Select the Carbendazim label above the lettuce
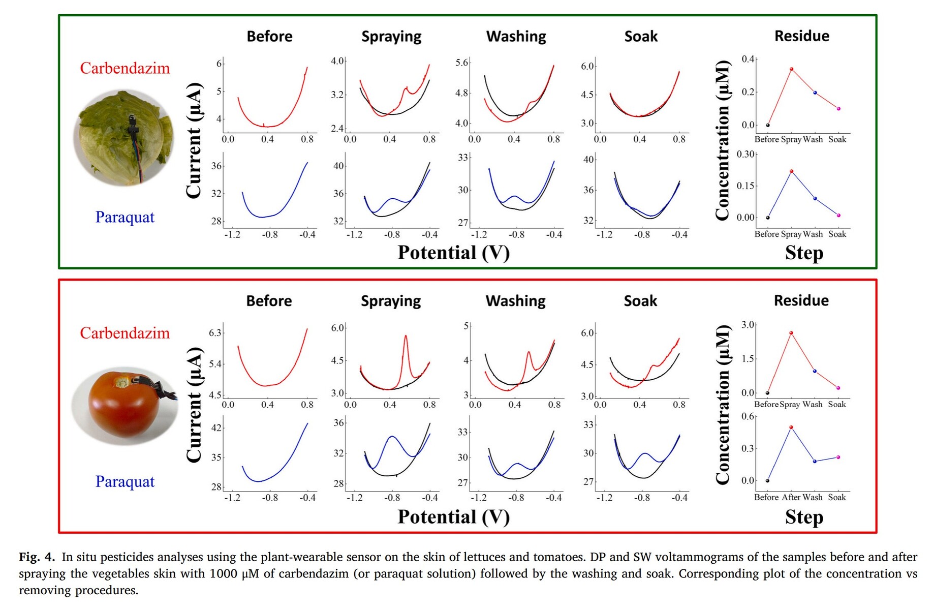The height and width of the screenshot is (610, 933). (x=125, y=68)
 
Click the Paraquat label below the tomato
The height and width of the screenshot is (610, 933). (x=125, y=481)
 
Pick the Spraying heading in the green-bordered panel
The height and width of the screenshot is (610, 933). (x=391, y=37)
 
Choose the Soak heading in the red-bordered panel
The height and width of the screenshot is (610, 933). (x=640, y=301)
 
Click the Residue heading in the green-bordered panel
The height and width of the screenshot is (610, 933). (x=801, y=36)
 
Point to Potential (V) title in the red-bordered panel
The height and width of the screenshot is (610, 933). (x=453, y=517)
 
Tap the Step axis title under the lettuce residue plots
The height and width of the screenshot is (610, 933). (x=803, y=253)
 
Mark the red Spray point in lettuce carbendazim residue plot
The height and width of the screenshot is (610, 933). (x=791, y=69)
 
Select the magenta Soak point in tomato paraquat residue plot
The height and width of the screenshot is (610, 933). (x=838, y=457)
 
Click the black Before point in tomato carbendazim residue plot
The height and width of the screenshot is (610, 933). (x=767, y=393)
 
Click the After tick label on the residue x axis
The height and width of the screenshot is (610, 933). (x=791, y=497)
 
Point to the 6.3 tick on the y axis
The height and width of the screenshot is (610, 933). (x=215, y=333)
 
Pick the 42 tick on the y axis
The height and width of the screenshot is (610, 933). (x=216, y=428)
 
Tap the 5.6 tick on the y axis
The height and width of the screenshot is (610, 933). (x=461, y=63)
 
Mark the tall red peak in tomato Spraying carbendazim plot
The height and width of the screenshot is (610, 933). (x=406, y=337)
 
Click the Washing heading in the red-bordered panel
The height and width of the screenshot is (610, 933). (x=515, y=301)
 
